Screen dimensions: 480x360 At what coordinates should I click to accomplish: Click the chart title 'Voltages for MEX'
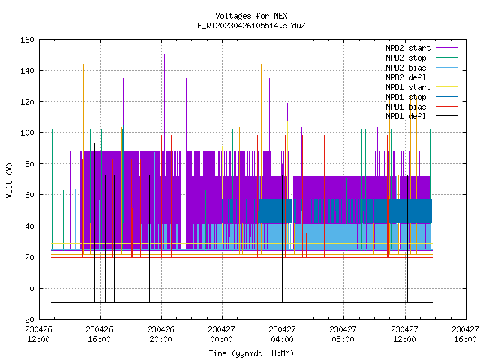251,16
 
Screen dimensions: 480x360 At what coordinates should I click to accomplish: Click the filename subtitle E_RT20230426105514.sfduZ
251,25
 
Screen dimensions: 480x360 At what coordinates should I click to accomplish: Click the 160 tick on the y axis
27,40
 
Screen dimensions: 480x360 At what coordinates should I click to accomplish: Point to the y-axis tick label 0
31,289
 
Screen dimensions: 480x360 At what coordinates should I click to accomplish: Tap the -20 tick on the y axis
27,319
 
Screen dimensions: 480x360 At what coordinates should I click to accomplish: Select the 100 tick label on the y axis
27,133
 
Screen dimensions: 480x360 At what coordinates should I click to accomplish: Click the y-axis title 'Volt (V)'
9,180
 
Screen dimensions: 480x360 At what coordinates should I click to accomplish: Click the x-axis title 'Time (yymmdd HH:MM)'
251,353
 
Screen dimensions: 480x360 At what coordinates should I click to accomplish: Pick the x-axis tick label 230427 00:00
221,334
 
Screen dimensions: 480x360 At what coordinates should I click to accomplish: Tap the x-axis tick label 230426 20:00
160,334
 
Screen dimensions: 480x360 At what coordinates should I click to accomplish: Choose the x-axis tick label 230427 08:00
343,334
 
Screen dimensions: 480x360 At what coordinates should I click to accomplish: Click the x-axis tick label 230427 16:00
465,334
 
